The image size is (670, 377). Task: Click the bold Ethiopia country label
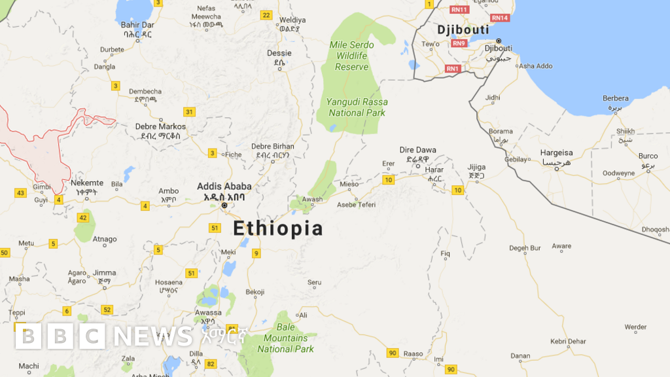click(278, 228)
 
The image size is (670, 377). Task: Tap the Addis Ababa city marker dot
click(224, 206)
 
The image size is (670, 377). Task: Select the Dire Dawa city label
click(417, 151)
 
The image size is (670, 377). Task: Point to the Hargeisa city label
click(556, 153)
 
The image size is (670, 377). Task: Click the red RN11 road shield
click(460, 10)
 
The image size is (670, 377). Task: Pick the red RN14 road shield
click(499, 18)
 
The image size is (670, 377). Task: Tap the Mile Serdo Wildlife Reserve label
click(352, 56)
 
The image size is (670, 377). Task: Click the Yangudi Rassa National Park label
click(357, 107)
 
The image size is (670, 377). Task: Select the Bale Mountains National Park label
click(285, 338)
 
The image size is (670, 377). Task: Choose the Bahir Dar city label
click(137, 25)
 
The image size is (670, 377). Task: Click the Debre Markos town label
click(160, 126)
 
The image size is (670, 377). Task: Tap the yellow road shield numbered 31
click(189, 111)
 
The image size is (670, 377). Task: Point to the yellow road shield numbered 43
click(20, 192)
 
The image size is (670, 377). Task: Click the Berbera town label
click(615, 98)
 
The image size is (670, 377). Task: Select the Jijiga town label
click(476, 167)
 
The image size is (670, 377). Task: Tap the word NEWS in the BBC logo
click(153, 336)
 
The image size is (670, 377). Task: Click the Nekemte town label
click(87, 183)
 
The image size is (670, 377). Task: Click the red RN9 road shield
click(459, 43)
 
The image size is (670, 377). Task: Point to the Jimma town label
click(104, 273)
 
